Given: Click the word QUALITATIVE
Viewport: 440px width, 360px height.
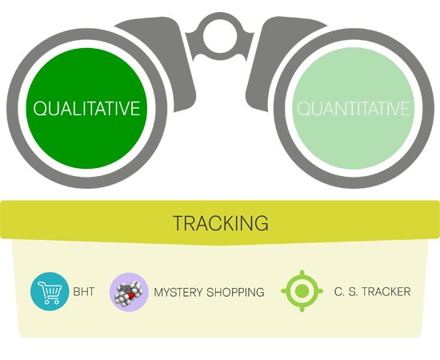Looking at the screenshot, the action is [x=86, y=109].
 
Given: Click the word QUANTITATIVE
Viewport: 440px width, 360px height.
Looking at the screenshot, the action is [x=354, y=109].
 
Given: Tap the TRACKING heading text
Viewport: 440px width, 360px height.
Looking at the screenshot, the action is [x=221, y=223].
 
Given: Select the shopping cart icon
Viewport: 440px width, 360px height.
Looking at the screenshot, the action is [x=50, y=291].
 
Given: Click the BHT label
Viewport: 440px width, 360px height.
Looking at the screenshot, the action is [x=84, y=292].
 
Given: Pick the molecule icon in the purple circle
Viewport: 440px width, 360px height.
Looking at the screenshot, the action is [x=129, y=292].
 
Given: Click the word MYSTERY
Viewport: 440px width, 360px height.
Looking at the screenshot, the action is [x=178, y=292].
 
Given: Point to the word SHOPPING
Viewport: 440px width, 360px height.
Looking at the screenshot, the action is [x=235, y=292].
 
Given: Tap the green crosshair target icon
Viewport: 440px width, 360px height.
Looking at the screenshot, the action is [x=302, y=291].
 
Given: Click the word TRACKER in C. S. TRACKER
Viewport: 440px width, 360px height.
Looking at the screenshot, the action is [x=386, y=292].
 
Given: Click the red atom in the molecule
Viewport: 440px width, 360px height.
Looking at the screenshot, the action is [x=131, y=295].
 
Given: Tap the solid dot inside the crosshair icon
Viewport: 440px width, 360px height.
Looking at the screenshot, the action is [x=302, y=291].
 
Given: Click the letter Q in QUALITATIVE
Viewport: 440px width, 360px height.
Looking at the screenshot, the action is [x=40, y=109].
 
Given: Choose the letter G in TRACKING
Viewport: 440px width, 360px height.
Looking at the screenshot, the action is [x=262, y=223].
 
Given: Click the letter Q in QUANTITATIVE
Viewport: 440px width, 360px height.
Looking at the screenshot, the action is [x=304, y=109].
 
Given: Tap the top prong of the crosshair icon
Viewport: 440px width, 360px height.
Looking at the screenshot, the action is [x=302, y=273].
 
